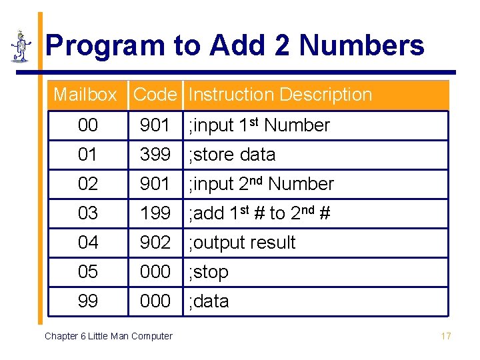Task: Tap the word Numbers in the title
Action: (362, 46)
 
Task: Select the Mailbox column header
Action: (85, 95)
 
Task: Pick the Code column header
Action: (155, 95)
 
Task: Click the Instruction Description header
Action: (280, 95)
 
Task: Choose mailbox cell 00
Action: (87, 125)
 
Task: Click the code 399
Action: (155, 155)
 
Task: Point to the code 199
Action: (155, 213)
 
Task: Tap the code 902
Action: (155, 243)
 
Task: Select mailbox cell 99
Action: (87, 301)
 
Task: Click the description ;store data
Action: (232, 155)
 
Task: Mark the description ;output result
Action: (242, 243)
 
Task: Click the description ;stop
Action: (209, 272)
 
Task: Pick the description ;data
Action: (209, 301)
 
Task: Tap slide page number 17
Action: (446, 336)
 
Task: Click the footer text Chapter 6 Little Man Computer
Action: (108, 336)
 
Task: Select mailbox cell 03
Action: (87, 213)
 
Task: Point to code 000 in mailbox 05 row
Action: (155, 272)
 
